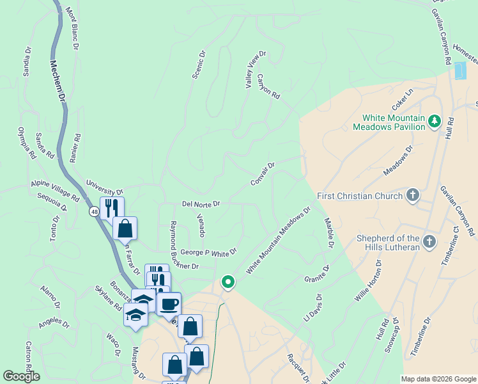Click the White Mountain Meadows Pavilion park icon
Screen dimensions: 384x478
pos(435,120)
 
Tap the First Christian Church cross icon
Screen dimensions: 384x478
pos(413,196)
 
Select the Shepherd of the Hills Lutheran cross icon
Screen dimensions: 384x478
pos(429,242)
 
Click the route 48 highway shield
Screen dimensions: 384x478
pos(95,212)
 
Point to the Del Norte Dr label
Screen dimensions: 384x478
pos(201,204)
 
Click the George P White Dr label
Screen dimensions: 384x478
pos(208,253)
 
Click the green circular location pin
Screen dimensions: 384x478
pos(227,281)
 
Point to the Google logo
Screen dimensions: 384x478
pos(22,376)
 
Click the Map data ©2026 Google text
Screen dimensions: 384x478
pos(438,378)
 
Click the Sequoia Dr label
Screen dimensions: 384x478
pos(52,201)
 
